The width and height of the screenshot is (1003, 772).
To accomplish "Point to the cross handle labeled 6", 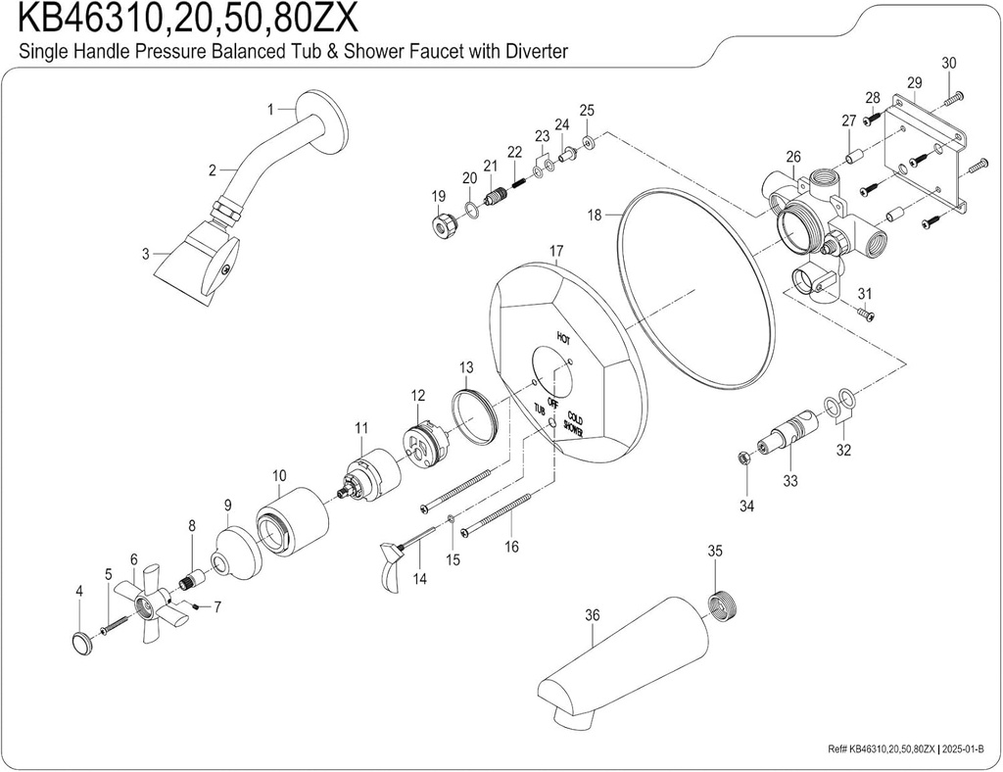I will (x=147, y=603).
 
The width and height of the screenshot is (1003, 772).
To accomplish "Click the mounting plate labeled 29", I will (x=926, y=147).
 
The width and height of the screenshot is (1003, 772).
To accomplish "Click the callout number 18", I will (x=593, y=214).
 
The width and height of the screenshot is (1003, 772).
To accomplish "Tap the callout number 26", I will (x=792, y=156).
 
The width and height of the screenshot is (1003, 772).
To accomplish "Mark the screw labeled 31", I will (x=866, y=314).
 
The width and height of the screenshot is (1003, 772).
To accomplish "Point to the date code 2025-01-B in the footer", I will (x=968, y=749).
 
